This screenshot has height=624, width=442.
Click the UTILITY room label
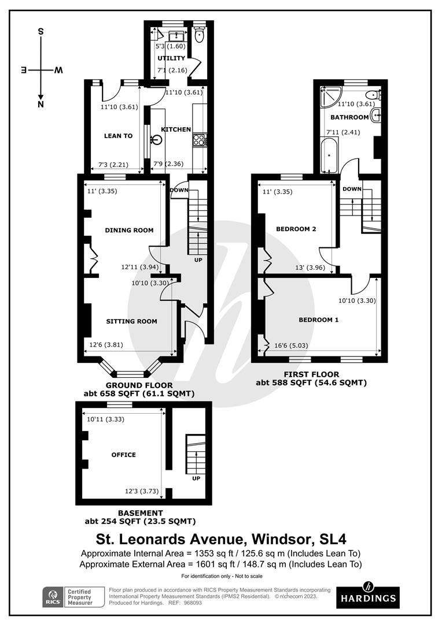(171, 58)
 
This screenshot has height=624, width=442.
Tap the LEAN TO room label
(118, 136)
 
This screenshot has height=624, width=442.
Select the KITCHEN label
(175, 129)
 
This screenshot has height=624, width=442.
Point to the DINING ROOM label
(129, 230)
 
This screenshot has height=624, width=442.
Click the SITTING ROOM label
(131, 321)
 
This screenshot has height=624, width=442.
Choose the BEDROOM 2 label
(296, 229)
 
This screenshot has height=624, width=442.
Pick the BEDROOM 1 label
(319, 320)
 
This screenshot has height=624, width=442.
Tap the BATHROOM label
(349, 117)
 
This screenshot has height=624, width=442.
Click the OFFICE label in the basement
(124, 455)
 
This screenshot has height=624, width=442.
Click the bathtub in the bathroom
(329, 155)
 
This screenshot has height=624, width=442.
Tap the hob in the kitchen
(199, 139)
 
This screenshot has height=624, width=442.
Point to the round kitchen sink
(157, 139)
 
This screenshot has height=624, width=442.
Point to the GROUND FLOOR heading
(139, 385)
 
